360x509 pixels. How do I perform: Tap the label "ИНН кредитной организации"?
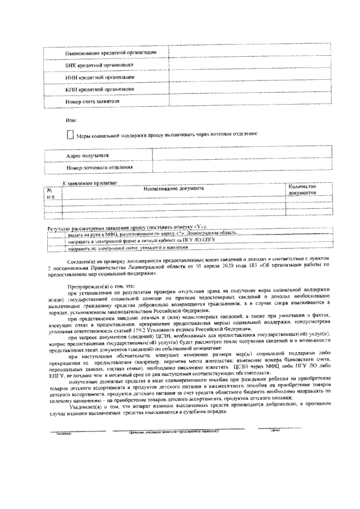(x=100, y=77)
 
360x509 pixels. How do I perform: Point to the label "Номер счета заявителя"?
(x=93, y=102)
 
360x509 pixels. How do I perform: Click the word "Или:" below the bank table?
(x=70, y=120)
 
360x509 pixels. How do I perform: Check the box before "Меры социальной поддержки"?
(x=70, y=134)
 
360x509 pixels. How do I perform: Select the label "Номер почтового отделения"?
(x=100, y=167)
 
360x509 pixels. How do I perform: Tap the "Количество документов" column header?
(x=301, y=190)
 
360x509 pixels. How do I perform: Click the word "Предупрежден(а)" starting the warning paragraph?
(x=83, y=286)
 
